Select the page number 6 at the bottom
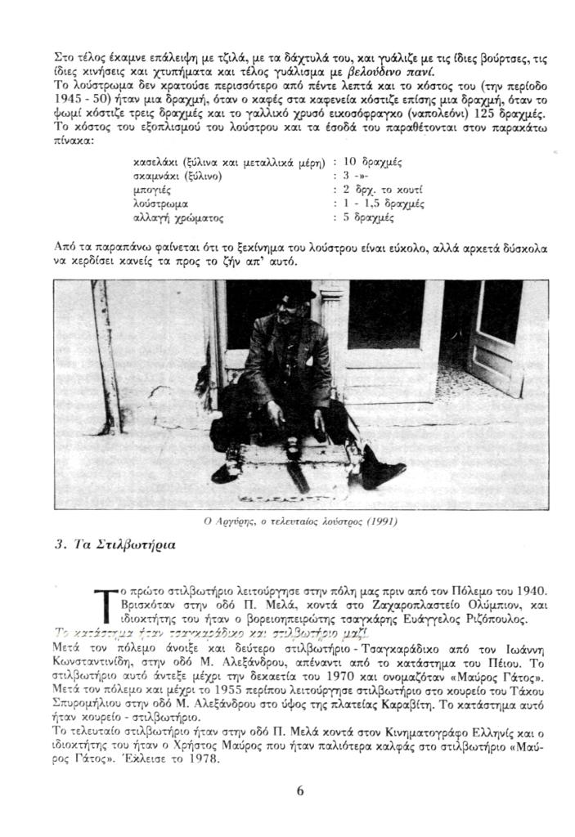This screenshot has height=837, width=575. tap(300, 790)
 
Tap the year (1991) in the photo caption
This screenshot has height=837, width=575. tap(382, 521)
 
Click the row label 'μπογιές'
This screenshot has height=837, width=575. tap(151, 190)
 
